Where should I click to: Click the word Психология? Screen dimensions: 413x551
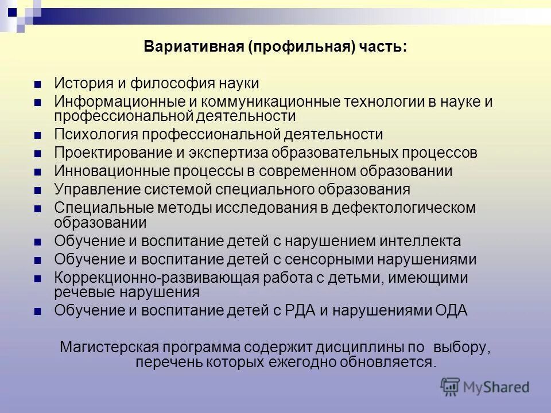point(96,135)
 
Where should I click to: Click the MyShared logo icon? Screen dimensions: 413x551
point(451,386)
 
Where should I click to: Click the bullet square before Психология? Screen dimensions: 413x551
point(38,136)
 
